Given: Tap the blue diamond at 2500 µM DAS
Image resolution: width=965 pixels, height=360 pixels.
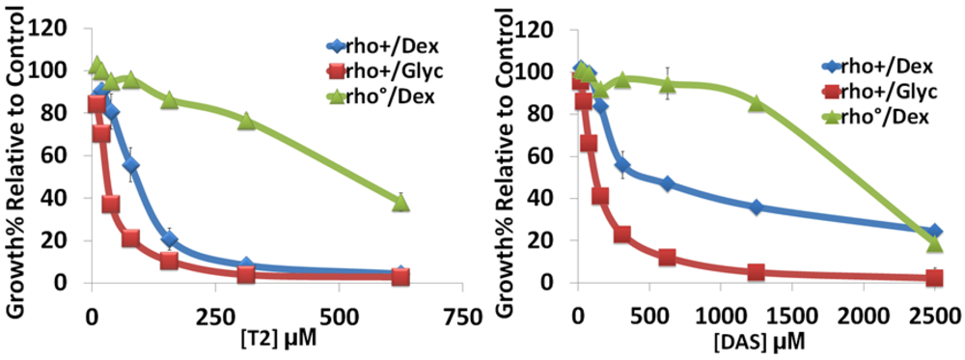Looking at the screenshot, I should click(x=933, y=233).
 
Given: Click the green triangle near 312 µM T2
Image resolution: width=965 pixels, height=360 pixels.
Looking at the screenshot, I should click(x=246, y=121).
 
